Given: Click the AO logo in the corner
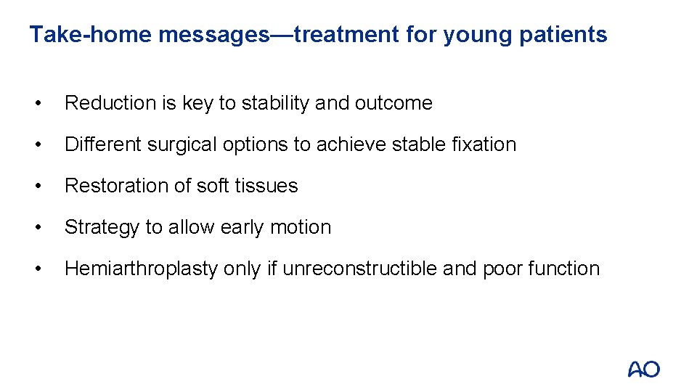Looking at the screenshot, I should tap(643, 369).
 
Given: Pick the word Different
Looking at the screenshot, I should tap(103, 145).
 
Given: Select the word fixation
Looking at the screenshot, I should tap(483, 145).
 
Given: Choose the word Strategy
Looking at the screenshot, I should tap(102, 228).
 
